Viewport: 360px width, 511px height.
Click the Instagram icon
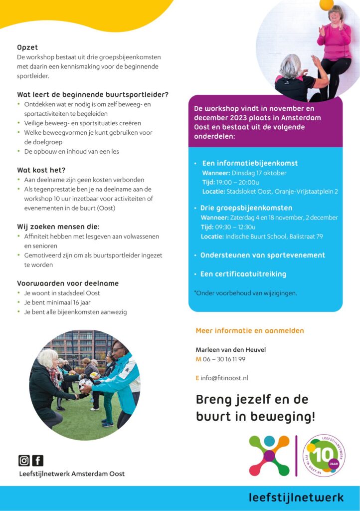pyautogui.click(x=24, y=461)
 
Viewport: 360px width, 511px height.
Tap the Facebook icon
pyautogui.click(x=38, y=461)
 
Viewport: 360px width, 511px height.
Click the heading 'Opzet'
pyautogui.click(x=27, y=47)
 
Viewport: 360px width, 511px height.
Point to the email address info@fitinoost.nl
pyautogui.click(x=224, y=378)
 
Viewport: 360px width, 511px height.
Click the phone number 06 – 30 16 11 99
pyautogui.click(x=224, y=359)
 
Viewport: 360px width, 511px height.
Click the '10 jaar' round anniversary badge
pyautogui.click(x=325, y=455)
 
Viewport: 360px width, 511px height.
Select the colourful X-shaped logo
pyautogui.click(x=269, y=455)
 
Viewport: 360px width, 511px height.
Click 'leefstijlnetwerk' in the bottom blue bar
pyautogui.click(x=296, y=498)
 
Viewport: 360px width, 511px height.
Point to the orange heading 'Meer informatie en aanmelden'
pyautogui.click(x=249, y=330)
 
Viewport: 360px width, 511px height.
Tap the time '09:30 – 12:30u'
pyautogui.click(x=241, y=227)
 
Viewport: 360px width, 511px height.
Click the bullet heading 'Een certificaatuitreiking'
pyautogui.click(x=243, y=274)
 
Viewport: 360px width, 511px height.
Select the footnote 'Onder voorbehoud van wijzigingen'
pyautogui.click(x=246, y=293)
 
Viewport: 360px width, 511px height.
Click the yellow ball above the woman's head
pyautogui.click(x=327, y=4)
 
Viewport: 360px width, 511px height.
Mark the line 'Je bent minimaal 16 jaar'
pyautogui.click(x=57, y=302)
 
